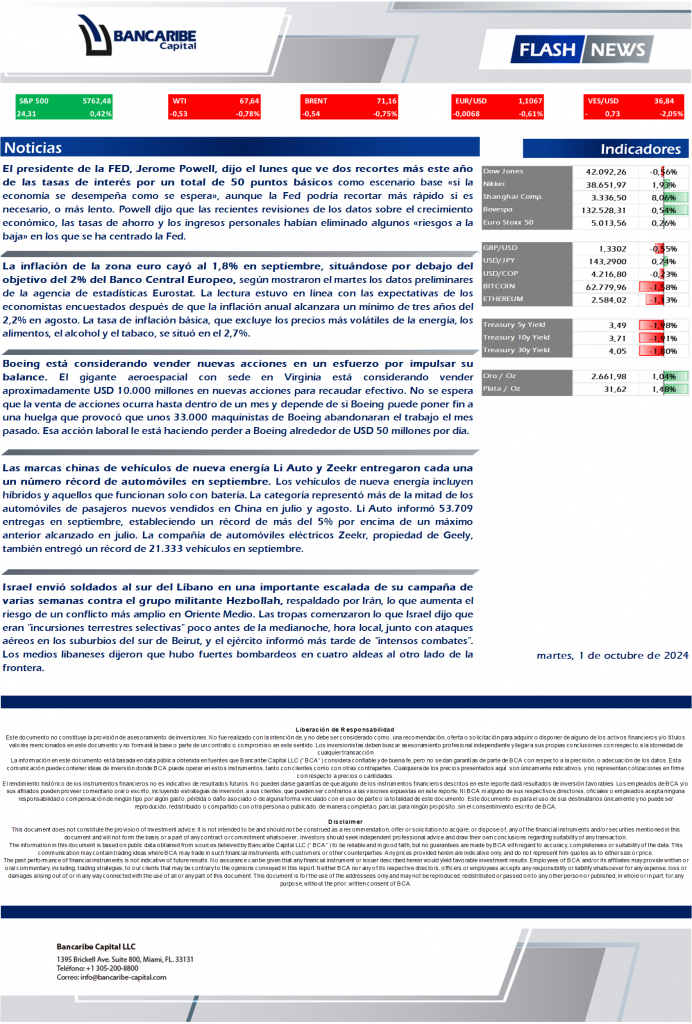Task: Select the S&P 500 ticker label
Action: [34, 101]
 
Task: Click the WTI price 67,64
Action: [249, 101]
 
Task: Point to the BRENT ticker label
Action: [316, 101]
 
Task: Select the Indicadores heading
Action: [640, 149]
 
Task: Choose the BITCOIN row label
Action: [500, 285]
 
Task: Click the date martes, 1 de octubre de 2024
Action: [612, 656]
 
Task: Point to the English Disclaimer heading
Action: [345, 822]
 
